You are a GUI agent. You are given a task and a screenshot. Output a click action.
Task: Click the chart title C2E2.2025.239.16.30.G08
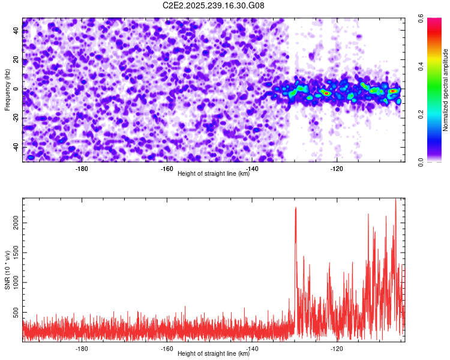214,5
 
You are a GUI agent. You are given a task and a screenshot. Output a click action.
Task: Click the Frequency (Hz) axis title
7,89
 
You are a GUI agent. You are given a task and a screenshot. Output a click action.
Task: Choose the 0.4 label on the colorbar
430,67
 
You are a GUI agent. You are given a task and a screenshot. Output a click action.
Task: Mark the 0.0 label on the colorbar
430,161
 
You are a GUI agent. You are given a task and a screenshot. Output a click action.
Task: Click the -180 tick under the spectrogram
82,168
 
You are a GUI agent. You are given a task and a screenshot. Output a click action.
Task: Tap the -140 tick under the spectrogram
252,168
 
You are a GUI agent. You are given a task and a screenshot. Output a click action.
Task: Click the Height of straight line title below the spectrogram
214,174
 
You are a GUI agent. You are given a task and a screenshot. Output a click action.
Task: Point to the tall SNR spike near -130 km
296,210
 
